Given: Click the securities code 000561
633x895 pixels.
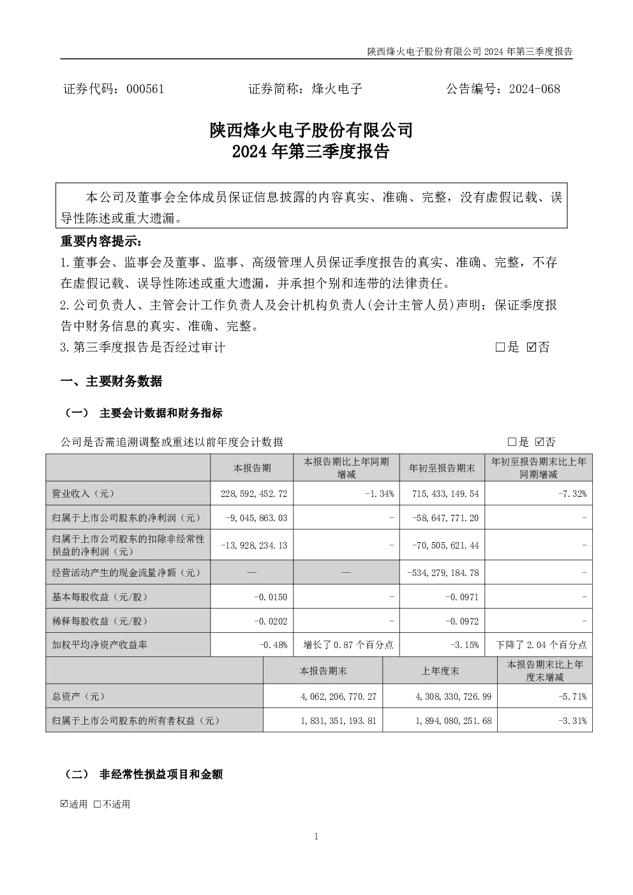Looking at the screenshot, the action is pyautogui.click(x=145, y=89).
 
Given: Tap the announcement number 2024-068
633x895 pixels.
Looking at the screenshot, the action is pyautogui.click(x=534, y=89).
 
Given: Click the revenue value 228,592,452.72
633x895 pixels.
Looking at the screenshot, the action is pyautogui.click(x=254, y=494).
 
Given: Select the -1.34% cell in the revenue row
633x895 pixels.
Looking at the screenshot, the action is pyautogui.click(x=379, y=494).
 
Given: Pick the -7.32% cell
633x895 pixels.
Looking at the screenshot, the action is pyautogui.click(x=572, y=494).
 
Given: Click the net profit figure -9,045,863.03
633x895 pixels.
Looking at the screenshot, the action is pyautogui.click(x=257, y=518).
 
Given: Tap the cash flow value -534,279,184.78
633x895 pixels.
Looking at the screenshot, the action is pyautogui.click(x=443, y=573).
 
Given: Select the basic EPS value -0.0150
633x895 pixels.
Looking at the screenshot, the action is pyautogui.click(x=271, y=597).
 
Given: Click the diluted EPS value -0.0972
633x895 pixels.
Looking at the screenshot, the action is pyautogui.click(x=462, y=621).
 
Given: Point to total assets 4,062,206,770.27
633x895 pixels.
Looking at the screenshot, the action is pyautogui.click(x=338, y=697).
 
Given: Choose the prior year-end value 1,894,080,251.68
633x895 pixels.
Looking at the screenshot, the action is pyautogui.click(x=454, y=721).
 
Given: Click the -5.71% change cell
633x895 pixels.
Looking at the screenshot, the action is pyautogui.click(x=572, y=697).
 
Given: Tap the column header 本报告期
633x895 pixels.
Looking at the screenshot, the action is pyautogui.click(x=252, y=468).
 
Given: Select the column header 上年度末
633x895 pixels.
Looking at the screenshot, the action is pyautogui.click(x=440, y=671).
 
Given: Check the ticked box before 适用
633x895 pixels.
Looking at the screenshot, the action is pyautogui.click(x=64, y=804).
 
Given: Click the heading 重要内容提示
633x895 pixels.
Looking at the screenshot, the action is pyautogui.click(x=101, y=241).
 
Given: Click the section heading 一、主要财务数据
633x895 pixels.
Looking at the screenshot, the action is pyautogui.click(x=111, y=381).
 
